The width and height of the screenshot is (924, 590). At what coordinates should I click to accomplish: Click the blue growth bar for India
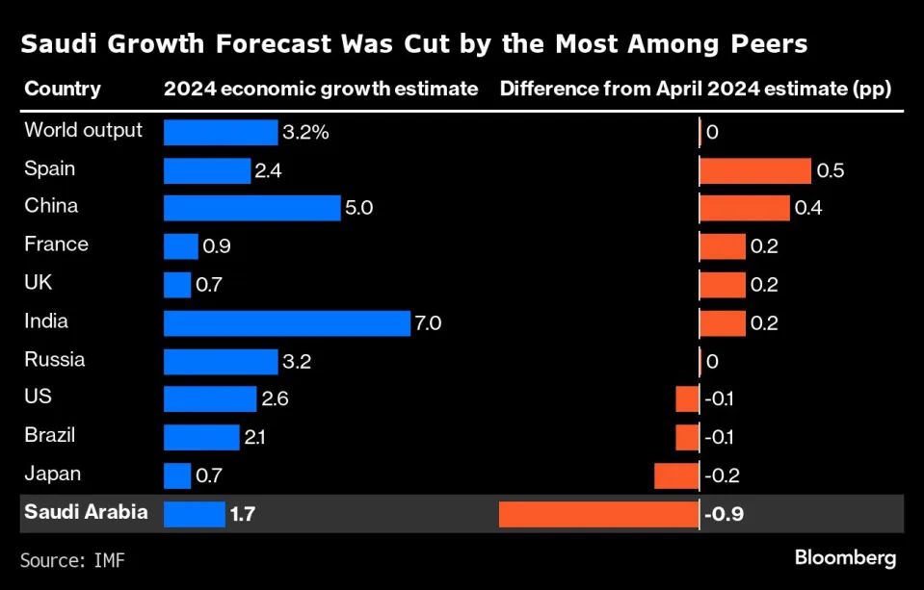coord(287,323)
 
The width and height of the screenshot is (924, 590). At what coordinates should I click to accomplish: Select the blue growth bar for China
coord(252,208)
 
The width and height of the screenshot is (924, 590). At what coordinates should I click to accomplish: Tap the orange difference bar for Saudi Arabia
coord(598,514)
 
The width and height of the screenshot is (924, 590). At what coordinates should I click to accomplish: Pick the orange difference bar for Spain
coord(754,170)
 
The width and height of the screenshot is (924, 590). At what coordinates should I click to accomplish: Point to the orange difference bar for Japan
coord(676,475)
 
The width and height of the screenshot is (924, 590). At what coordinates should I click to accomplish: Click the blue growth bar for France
coord(181,246)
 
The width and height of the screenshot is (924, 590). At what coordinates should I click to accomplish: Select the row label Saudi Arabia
coord(86,512)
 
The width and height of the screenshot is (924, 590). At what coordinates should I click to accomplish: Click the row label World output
coord(83,131)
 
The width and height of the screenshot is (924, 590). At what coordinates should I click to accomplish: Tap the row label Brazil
coord(49,435)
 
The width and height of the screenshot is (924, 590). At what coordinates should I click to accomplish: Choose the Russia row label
coord(54,360)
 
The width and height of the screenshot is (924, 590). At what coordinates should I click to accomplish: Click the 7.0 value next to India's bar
coord(427,323)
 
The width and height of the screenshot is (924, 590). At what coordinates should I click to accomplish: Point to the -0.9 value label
coord(724,515)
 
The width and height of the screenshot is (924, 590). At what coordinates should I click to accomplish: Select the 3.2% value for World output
coord(305,132)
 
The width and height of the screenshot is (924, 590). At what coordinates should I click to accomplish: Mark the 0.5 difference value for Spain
coord(831,170)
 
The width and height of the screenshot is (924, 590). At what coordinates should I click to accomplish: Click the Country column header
coord(62,90)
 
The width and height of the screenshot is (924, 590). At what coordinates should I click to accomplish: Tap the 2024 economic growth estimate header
coord(321,90)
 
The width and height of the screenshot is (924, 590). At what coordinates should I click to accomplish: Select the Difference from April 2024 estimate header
coord(695,90)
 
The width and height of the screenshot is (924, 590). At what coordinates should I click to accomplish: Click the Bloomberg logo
coord(845,557)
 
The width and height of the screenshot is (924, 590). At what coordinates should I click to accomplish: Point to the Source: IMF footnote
coord(72,558)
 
